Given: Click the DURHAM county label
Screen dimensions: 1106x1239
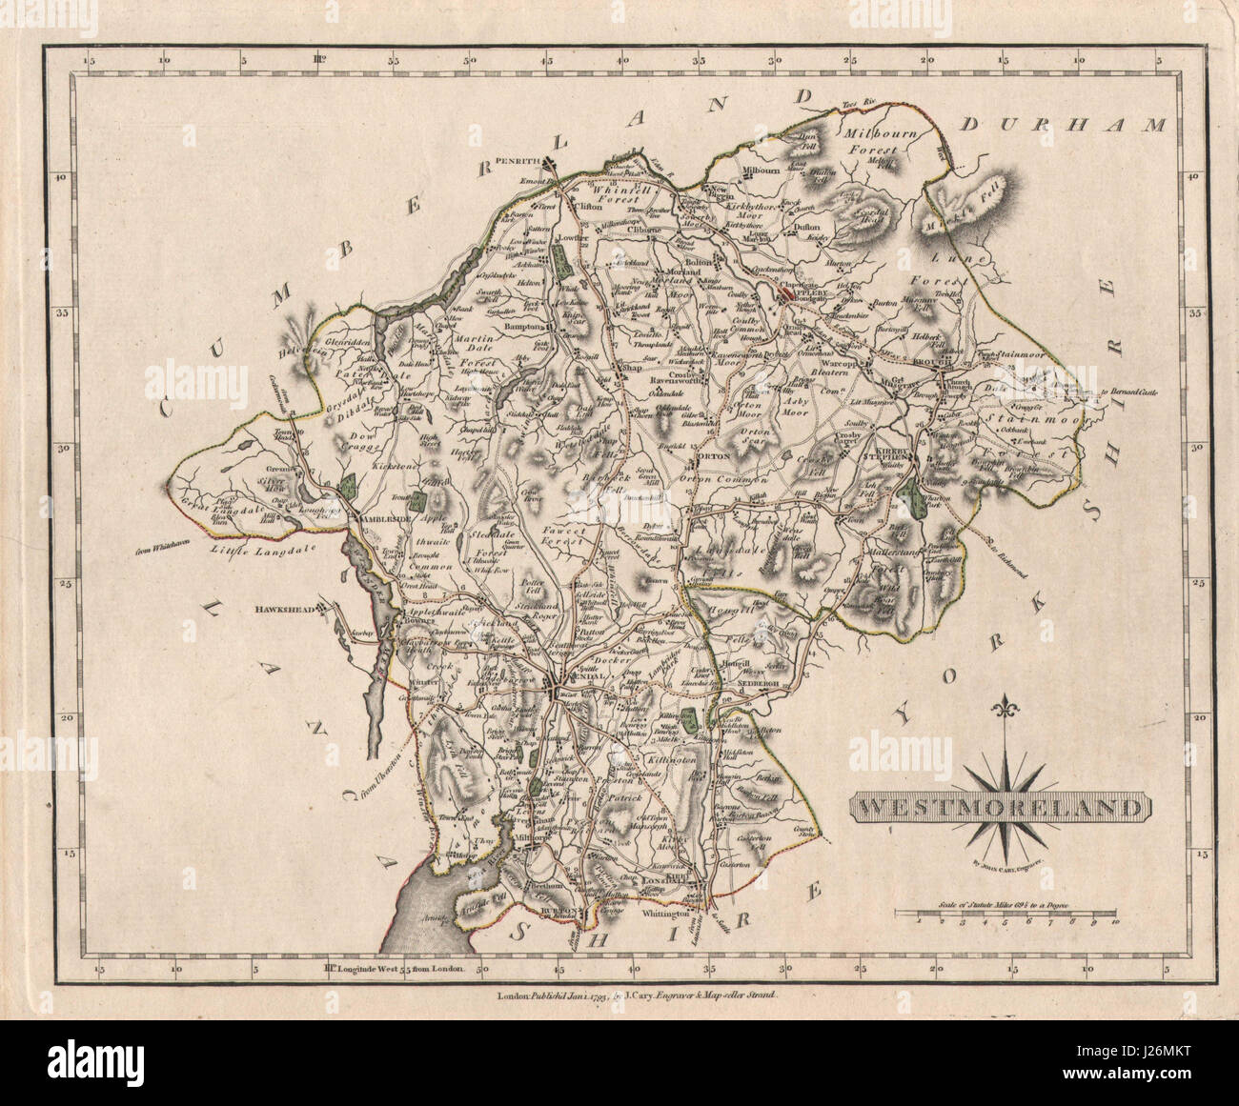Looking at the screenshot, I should [1064, 125].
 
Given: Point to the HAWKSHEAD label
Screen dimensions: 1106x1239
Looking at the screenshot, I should [283, 610].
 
